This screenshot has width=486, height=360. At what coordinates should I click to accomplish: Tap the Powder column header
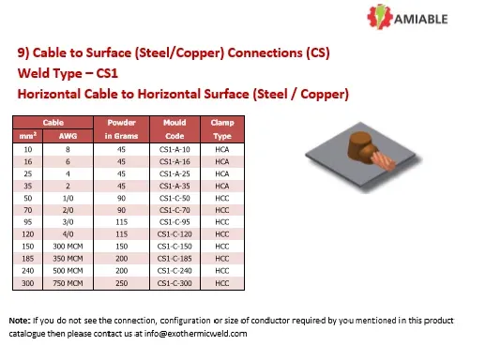[x=123, y=123]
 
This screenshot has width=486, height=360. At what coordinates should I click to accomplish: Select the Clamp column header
[x=222, y=123]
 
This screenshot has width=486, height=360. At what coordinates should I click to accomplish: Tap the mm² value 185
[x=28, y=258]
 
